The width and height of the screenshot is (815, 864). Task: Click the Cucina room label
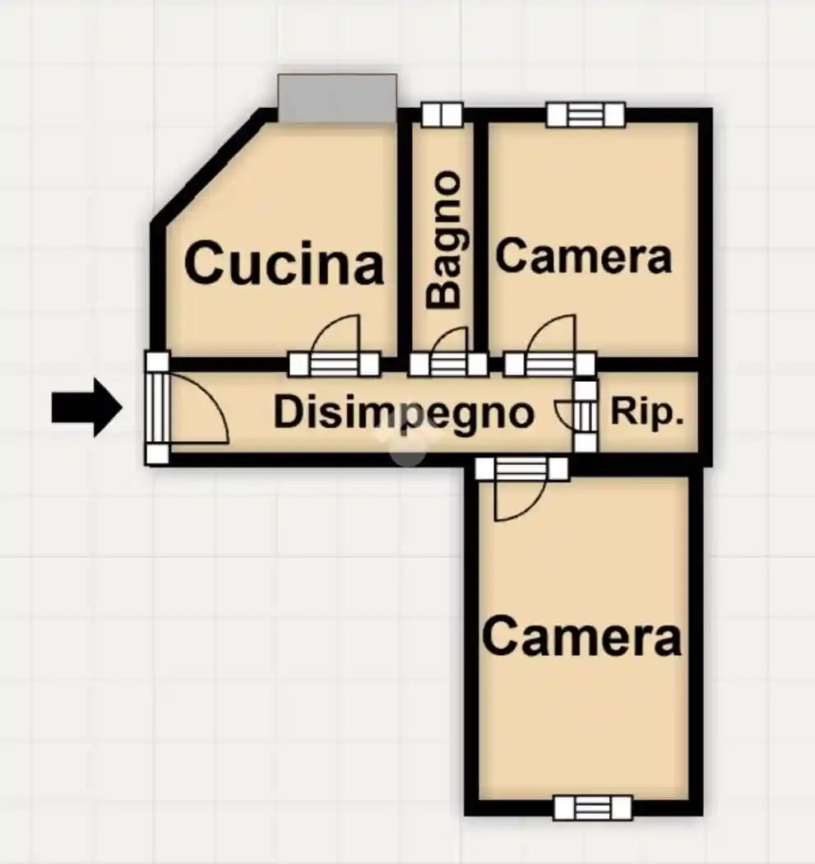[285, 263]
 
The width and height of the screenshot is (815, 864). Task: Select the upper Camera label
[584, 256]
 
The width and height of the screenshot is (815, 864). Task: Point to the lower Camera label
[582, 637]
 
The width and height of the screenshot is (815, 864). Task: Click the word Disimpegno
[404, 413]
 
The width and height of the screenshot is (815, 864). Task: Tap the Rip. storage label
[647, 411]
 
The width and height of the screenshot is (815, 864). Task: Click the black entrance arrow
[87, 408]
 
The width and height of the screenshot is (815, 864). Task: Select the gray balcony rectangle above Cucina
[337, 98]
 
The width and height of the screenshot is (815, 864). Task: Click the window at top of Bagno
[442, 114]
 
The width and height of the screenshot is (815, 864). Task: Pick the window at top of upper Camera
[586, 115]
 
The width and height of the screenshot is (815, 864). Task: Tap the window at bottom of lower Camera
[592, 808]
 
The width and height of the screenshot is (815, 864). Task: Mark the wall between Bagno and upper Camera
[481, 237]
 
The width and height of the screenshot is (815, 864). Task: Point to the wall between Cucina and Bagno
[405, 237]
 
